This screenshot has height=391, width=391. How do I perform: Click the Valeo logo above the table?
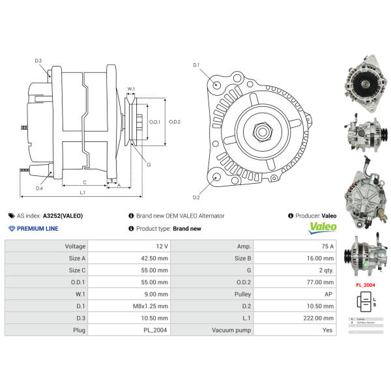[x=323, y=227]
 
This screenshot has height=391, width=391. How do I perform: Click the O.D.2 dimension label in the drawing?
[x=174, y=121]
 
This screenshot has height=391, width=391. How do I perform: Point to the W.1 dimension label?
[x=131, y=89]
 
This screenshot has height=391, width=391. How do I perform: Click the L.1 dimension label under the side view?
[x=82, y=192]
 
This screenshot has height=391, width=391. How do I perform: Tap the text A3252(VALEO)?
[x=63, y=215]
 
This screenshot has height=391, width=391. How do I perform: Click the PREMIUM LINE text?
[x=37, y=229]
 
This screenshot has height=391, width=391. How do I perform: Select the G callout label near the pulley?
[x=149, y=165]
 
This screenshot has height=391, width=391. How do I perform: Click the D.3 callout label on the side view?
[x=38, y=61]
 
